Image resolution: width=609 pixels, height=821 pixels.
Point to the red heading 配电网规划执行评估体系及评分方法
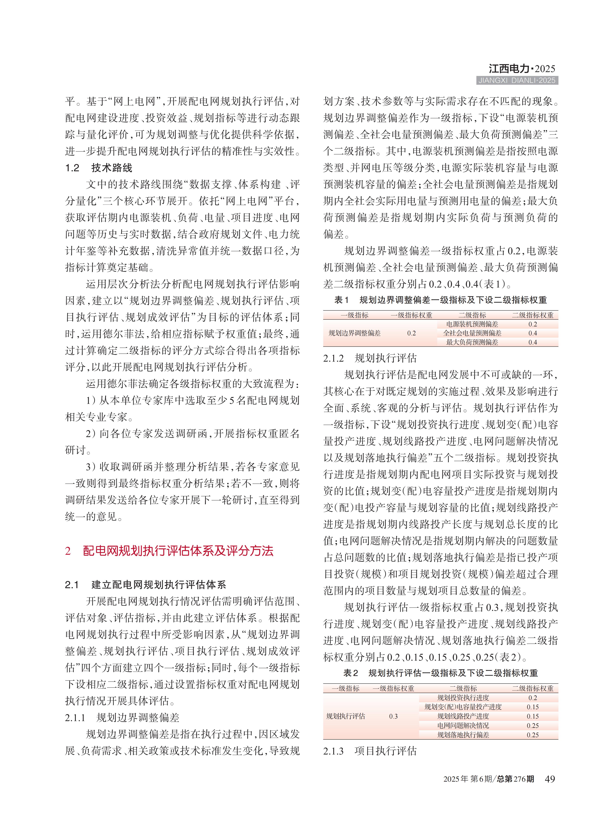(x=178, y=551)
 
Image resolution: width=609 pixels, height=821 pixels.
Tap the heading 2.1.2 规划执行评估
(x=370, y=358)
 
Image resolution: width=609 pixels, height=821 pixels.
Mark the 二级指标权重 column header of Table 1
(x=533, y=315)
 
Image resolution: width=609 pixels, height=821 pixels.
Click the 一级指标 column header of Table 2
(x=345, y=688)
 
